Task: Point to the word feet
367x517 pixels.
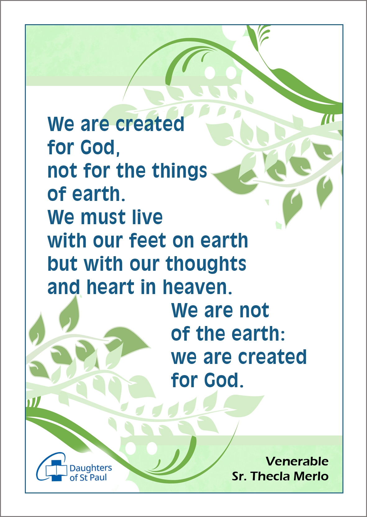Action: (x=148, y=240)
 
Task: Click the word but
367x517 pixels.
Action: (x=62, y=264)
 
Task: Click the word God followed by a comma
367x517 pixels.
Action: (x=100, y=147)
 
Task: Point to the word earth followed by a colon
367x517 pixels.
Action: (x=258, y=334)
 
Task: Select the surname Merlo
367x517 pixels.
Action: (x=311, y=476)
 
